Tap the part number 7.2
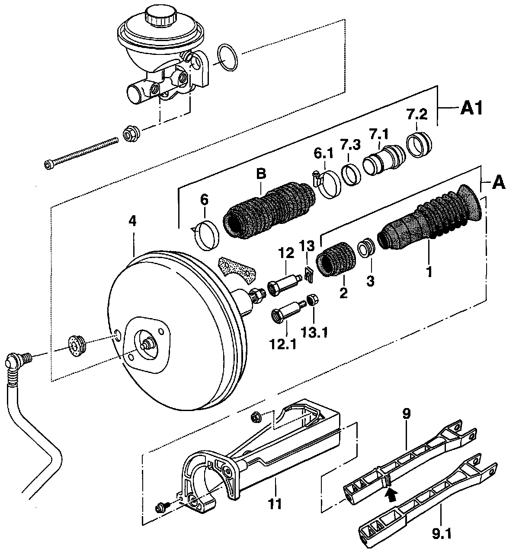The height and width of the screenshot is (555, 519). pyautogui.click(x=417, y=115)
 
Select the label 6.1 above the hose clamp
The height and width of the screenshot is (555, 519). pyautogui.click(x=324, y=153)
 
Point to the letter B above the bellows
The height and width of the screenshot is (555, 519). pyautogui.click(x=261, y=174)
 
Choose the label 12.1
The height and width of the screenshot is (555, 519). pyautogui.click(x=283, y=344)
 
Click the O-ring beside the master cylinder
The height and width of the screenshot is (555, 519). pyautogui.click(x=227, y=57)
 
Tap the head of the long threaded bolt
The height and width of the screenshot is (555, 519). pyautogui.click(x=48, y=164)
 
